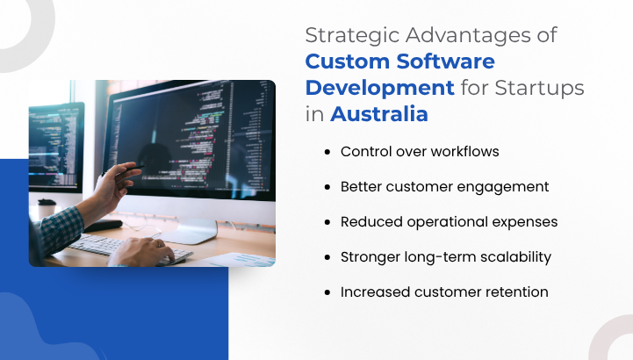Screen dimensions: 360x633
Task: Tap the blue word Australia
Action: point(379,114)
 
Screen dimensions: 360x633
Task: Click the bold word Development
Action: point(379,89)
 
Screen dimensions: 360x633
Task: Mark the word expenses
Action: point(524,222)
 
